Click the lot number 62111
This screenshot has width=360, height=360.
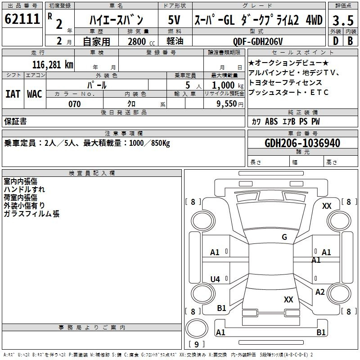pyautogui.click(x=22, y=19)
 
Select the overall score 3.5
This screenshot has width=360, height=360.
pyautogui.click(x=343, y=21)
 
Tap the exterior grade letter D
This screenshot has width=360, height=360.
pyautogui.click(x=336, y=41)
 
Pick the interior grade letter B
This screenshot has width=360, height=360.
pyautogui.click(x=350, y=41)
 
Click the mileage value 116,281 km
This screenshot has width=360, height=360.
pyautogui.click(x=53, y=65)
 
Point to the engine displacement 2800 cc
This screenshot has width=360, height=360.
pyautogui.click(x=141, y=41)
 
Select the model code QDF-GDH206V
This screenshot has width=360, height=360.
pyautogui.click(x=258, y=41)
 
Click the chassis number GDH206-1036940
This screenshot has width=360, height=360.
pyautogui.click(x=302, y=143)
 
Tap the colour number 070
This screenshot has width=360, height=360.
pyautogui.click(x=75, y=104)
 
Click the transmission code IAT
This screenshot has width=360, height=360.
pyautogui.click(x=13, y=94)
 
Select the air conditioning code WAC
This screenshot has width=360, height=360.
pyautogui.click(x=35, y=94)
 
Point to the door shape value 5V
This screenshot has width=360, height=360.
pyautogui.click(x=174, y=20)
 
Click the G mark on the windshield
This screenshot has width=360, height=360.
pyautogui.click(x=284, y=237)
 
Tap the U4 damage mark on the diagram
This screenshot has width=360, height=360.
pyautogui.click(x=215, y=279)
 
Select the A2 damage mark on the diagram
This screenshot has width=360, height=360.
pyautogui.click(x=320, y=292)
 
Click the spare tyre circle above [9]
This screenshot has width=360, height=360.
pyautogui.click(x=197, y=328)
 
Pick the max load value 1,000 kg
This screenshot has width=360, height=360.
pyautogui.click(x=228, y=85)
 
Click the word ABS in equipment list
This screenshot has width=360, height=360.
pyautogui.click(x=271, y=121)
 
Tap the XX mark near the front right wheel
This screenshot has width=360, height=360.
pyautogui.click(x=327, y=206)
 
